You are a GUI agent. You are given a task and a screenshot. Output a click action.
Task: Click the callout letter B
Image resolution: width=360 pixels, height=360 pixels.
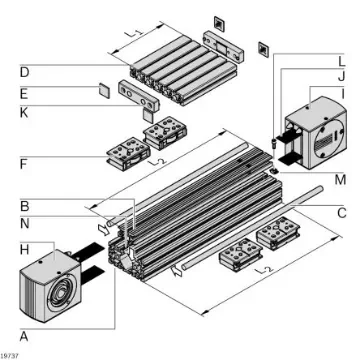(23, 205)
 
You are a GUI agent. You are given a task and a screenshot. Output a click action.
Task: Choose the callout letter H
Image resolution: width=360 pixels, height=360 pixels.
(23, 246)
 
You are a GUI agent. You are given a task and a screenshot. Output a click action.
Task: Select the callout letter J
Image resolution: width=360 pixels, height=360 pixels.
(341, 76)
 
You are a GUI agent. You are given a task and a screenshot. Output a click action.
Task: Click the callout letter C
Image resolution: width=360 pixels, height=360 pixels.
(341, 212)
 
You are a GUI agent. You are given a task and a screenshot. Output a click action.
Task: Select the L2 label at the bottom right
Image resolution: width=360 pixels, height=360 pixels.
(262, 271)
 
